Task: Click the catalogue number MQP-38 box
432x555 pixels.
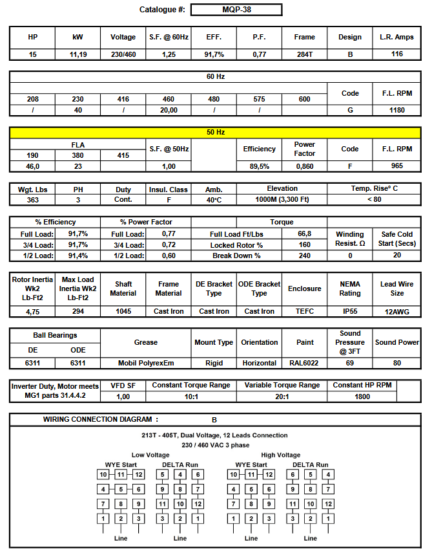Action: pos(236,10)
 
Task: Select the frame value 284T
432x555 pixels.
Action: pos(304,54)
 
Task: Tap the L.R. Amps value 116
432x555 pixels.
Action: pos(396,54)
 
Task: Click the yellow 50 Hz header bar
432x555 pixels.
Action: pos(216,133)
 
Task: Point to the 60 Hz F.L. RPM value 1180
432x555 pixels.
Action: pos(396,110)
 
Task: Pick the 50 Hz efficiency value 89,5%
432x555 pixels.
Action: pos(259,166)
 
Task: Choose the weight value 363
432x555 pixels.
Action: pos(32,201)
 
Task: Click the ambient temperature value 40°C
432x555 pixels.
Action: pos(214,201)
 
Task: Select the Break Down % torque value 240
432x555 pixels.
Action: pos(305,256)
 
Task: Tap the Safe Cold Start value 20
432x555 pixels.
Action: pos(396,256)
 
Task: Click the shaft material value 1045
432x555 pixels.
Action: pos(123,311)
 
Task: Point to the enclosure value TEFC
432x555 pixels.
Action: pos(304,311)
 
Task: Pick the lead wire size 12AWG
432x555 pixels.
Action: pos(396,312)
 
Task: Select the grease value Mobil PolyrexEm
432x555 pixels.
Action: pos(146,363)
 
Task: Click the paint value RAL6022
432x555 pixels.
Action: pos(305,363)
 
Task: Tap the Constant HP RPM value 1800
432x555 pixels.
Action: pos(362,397)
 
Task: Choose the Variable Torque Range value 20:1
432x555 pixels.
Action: pos(282,397)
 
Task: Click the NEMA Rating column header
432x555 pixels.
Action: pos(350,288)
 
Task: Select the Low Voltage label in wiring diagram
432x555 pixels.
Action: pos(150,455)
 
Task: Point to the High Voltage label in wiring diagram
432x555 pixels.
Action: pos(281,455)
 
